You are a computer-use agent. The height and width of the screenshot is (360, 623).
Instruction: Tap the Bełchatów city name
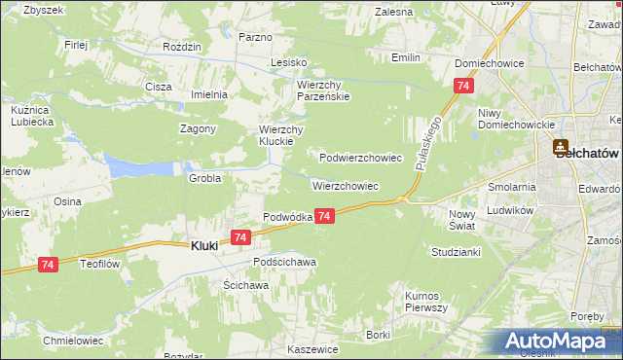[x=588, y=154]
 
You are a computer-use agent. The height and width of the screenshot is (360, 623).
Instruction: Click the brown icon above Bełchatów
[x=562, y=147]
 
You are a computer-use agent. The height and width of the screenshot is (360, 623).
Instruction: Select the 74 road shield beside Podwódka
[x=325, y=216]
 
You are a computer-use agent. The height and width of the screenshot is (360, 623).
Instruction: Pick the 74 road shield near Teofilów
[x=49, y=264]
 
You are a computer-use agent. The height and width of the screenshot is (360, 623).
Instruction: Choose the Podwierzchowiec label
[x=360, y=157]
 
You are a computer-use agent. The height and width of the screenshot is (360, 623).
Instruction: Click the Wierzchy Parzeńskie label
[x=322, y=90]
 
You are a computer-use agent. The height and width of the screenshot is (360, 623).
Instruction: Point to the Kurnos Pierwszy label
[x=425, y=302]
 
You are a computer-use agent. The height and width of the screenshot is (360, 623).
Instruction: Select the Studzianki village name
[x=455, y=251]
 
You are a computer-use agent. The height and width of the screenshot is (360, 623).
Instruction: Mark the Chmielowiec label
[x=73, y=341]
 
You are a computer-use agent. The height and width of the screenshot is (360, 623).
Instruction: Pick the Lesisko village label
[x=289, y=62]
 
